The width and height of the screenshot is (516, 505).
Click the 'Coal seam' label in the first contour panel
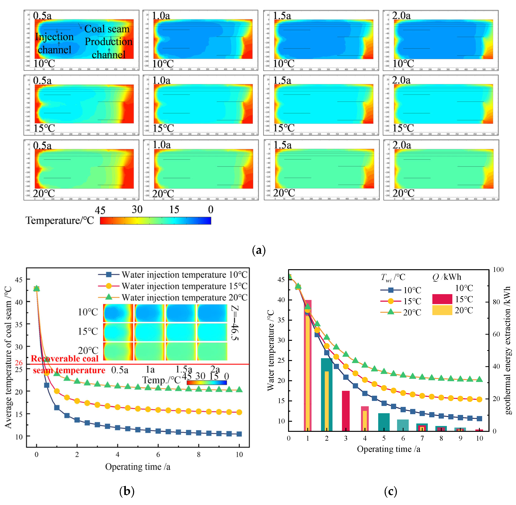[107, 29]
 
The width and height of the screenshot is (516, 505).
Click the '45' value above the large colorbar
[100, 210]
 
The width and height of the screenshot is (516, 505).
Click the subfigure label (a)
[258, 250]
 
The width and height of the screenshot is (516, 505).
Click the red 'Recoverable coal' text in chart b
[64, 359]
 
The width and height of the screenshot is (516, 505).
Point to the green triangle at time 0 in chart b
[37, 288]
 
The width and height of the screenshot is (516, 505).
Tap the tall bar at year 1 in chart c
[307, 366]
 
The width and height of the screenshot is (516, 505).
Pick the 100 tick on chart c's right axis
[498, 270]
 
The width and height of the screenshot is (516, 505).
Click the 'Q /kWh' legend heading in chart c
[447, 277]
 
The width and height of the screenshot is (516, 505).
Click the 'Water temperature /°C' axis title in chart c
[271, 350]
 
